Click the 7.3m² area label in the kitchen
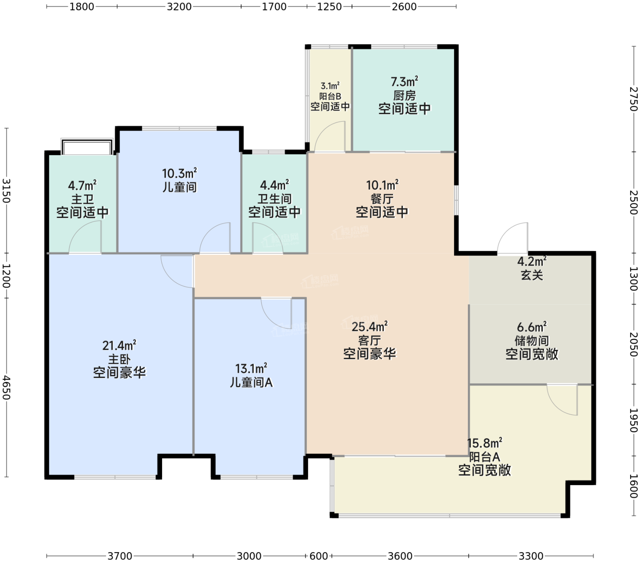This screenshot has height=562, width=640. [404, 81]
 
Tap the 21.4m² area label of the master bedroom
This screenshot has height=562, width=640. [119, 345]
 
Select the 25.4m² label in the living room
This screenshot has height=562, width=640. [369, 326]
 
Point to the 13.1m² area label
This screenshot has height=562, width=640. [251, 368]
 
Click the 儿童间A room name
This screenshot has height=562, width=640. [251, 382]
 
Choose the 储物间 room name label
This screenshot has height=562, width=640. [531, 341]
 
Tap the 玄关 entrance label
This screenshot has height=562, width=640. [532, 275]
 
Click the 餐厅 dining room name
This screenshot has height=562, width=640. [382, 199]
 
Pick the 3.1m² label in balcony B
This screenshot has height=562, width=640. [330, 86]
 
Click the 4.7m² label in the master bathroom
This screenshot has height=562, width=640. [82, 185]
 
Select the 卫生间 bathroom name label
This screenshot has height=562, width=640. [274, 199]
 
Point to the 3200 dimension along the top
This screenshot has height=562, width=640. [179, 6]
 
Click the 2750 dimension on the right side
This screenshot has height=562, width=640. [633, 99]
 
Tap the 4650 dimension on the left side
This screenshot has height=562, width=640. [6, 387]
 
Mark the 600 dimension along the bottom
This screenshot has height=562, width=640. [319, 556]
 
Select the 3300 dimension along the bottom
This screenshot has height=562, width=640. [531, 556]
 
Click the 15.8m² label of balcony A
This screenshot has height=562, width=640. [485, 443]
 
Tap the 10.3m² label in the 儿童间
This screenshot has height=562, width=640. [179, 173]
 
